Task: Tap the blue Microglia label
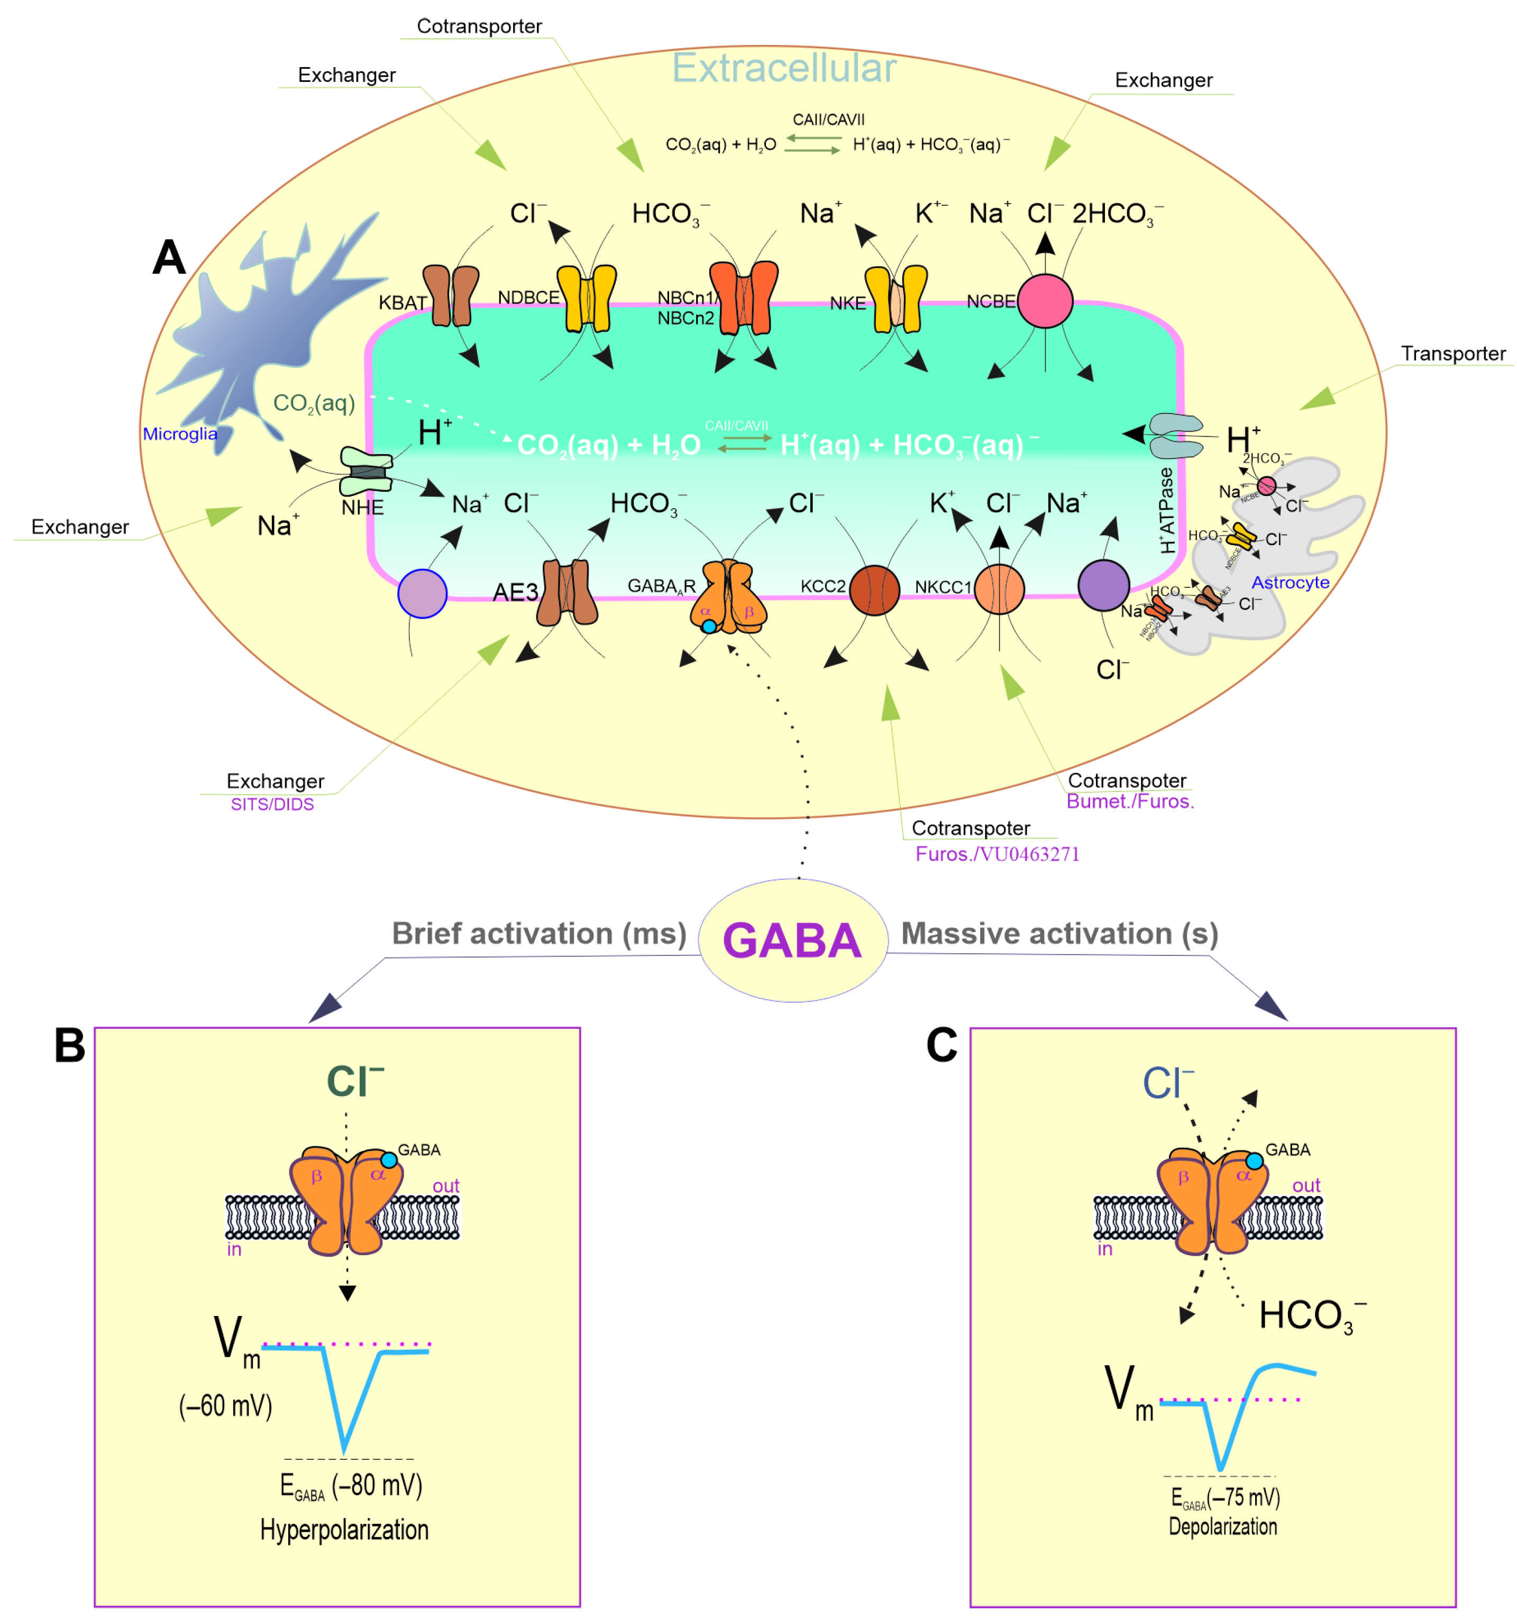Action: point(179,434)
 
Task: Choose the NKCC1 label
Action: point(942,587)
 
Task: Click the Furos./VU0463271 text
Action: point(997,854)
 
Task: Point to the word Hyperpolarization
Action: point(344,1530)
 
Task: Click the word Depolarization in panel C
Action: point(1222,1526)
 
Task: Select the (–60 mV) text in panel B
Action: point(225,1406)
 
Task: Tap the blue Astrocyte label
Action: point(1290,582)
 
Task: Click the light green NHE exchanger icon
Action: point(366,471)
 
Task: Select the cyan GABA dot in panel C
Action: point(1254,1161)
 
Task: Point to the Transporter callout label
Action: point(1452,353)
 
